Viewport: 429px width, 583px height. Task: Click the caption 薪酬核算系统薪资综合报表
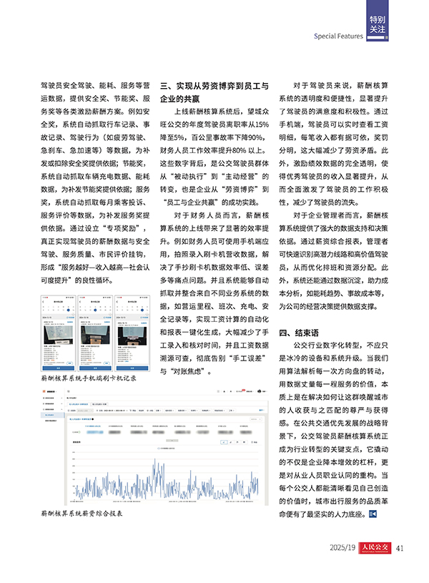84,514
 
